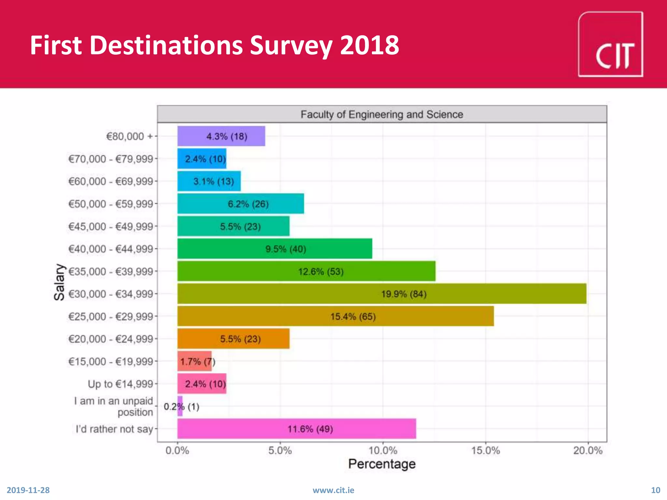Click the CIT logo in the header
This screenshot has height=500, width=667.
(610, 44)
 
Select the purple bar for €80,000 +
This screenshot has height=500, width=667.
(221, 136)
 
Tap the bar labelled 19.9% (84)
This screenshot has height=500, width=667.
(382, 294)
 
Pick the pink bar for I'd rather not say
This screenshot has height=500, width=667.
(296, 429)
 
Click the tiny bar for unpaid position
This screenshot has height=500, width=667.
(180, 406)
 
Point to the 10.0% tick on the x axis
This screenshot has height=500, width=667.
(383, 451)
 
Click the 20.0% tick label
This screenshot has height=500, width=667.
(588, 451)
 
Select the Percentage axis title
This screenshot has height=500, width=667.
(382, 464)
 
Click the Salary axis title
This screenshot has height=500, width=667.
(59, 282)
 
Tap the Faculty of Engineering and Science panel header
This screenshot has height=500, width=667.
(382, 114)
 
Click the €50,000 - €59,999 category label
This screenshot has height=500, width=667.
(110, 204)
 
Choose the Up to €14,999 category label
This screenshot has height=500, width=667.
(120, 384)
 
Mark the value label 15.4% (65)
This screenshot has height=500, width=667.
(353, 316)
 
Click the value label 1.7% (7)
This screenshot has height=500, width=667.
(198, 362)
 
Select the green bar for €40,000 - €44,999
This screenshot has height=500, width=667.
(275, 249)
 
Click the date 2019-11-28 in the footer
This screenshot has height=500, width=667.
(28, 490)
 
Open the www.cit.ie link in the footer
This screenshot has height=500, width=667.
(333, 490)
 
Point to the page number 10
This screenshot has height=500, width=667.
(655, 490)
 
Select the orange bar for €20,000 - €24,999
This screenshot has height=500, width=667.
(233, 339)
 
